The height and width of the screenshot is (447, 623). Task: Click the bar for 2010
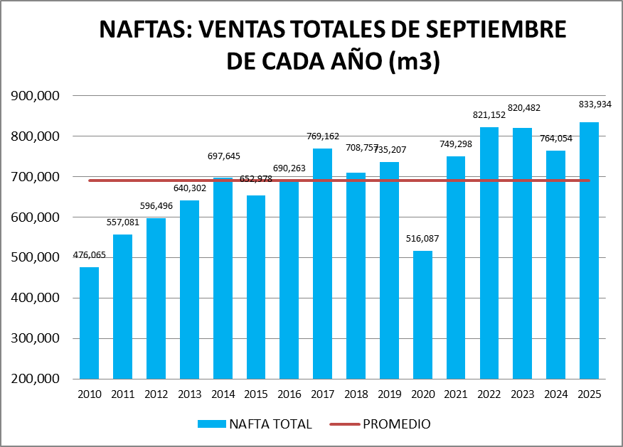(89, 323)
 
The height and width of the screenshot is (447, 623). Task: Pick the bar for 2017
(322, 263)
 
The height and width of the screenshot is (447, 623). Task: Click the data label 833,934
(595, 104)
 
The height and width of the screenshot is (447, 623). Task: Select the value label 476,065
(89, 255)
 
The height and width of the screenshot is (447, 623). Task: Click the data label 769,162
(322, 136)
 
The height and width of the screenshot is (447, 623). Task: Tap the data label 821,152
(489, 114)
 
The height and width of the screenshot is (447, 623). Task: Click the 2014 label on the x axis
(223, 394)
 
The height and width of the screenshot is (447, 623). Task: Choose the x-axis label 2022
(489, 394)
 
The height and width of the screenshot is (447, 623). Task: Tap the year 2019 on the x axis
(389, 394)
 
